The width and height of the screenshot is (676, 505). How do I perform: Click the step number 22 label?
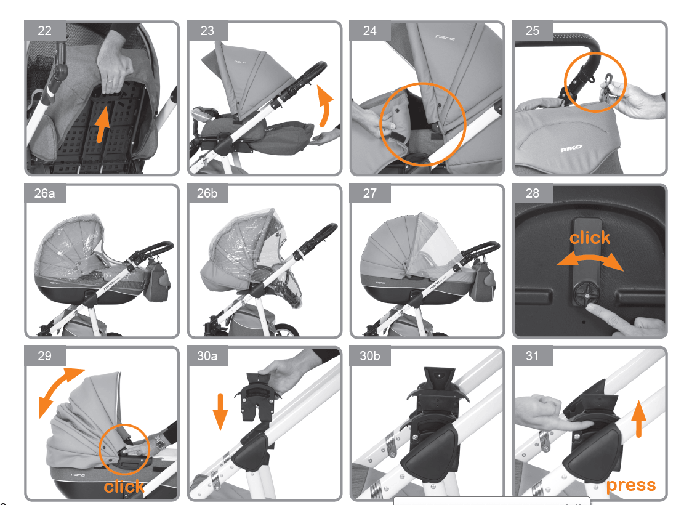click(x=44, y=31)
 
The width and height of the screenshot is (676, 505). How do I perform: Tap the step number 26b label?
click(x=207, y=193)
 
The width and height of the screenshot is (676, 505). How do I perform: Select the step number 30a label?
click(x=207, y=356)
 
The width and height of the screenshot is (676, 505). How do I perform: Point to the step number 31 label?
click(x=533, y=356)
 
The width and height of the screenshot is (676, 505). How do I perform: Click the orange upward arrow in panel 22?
click(x=102, y=124)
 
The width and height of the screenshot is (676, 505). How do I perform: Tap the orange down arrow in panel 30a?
click(x=220, y=411)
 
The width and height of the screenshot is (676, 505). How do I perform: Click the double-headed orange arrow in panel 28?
click(x=590, y=260)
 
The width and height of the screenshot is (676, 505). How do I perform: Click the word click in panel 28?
click(x=590, y=238)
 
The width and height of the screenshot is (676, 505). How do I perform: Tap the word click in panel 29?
click(x=124, y=487)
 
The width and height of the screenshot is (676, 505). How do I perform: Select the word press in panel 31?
click(x=631, y=485)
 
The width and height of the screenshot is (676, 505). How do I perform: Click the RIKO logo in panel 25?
click(x=571, y=149)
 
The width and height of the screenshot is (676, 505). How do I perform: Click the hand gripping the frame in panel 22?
click(x=113, y=65)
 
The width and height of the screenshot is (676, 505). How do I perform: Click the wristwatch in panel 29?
click(x=159, y=442)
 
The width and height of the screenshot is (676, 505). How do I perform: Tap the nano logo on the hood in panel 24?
click(x=445, y=38)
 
